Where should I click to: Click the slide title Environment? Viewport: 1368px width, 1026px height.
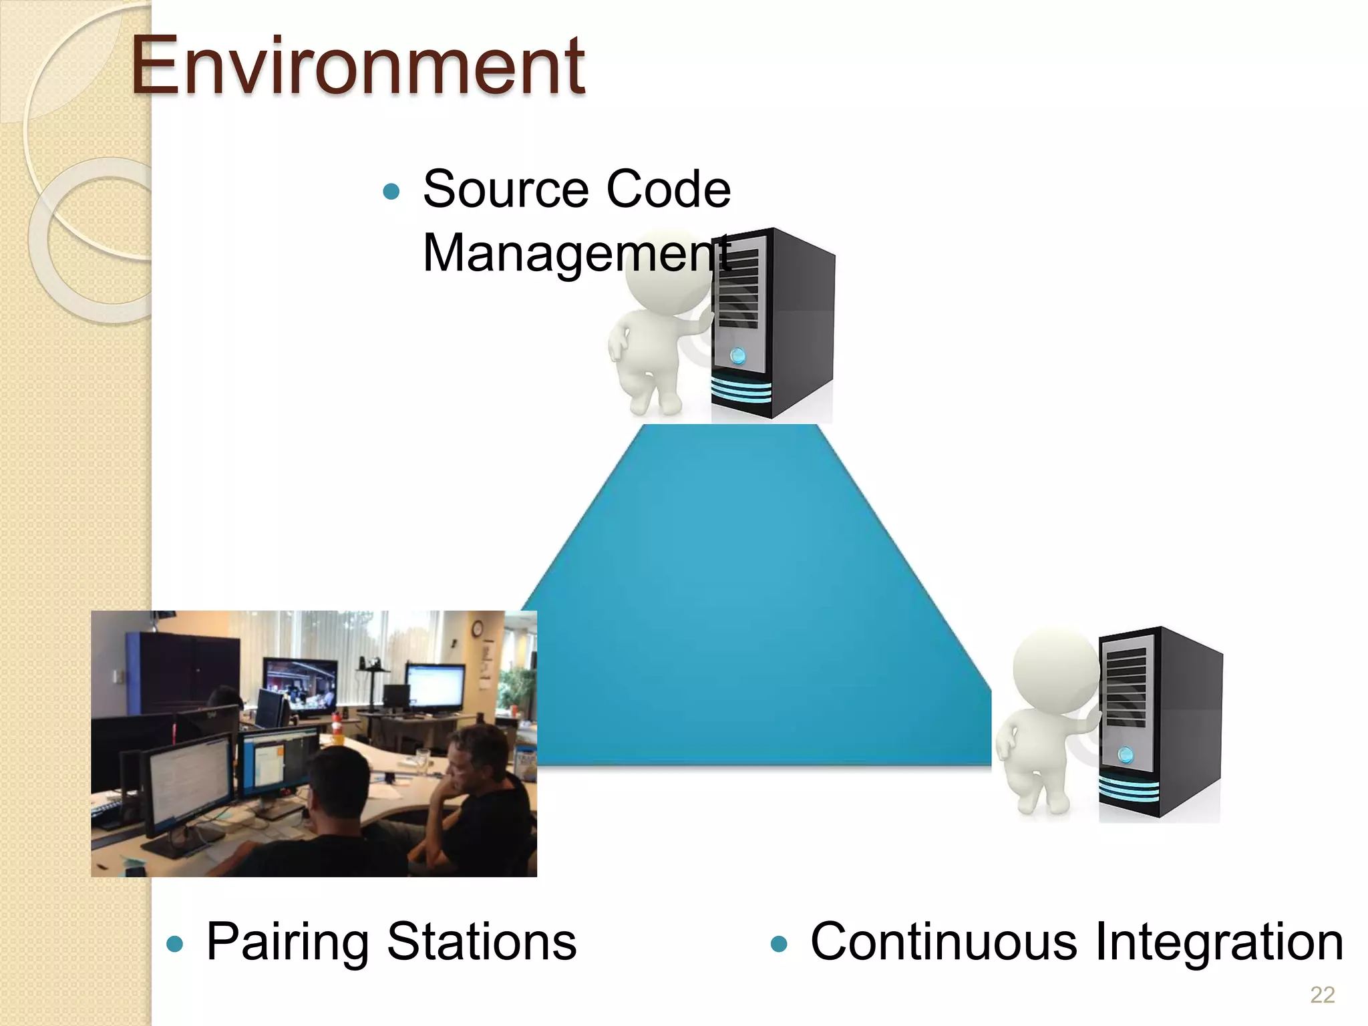click(x=357, y=67)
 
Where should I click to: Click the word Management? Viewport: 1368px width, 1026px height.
click(x=576, y=254)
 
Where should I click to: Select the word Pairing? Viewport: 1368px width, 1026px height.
click(x=287, y=943)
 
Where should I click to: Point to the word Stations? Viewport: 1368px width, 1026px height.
click(x=482, y=943)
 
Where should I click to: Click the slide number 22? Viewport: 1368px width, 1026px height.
click(x=1322, y=995)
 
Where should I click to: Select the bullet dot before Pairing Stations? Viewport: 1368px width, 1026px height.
click(x=175, y=944)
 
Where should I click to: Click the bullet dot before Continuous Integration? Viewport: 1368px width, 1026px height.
click(x=779, y=944)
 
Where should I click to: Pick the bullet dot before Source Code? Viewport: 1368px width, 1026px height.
click(x=391, y=192)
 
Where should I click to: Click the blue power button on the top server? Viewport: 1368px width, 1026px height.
click(x=737, y=355)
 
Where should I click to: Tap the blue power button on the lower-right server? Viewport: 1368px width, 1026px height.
click(x=1126, y=755)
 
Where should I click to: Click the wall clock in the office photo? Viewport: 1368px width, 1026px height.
click(x=478, y=629)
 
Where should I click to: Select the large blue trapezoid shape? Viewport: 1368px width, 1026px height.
click(x=755, y=601)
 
